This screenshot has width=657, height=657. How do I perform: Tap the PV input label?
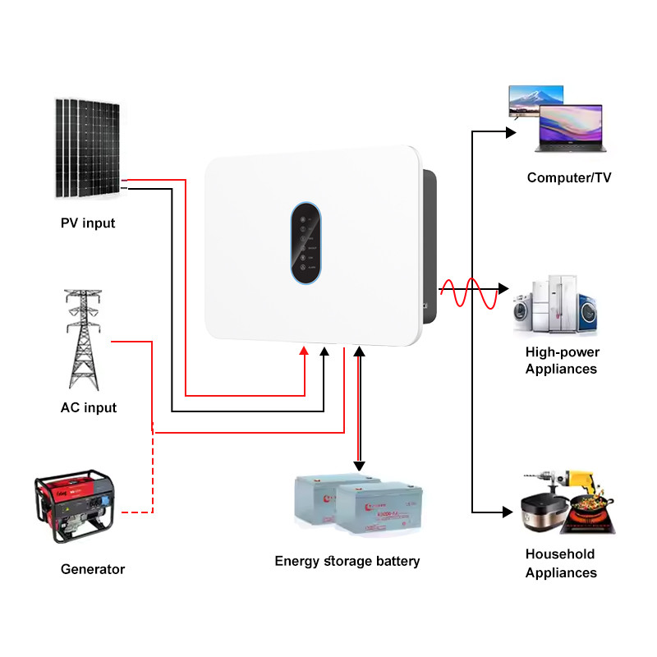[88, 223]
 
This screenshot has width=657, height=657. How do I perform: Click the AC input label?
[89, 407]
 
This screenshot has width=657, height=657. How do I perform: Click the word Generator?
[93, 569]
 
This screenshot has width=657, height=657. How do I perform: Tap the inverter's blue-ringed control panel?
[306, 244]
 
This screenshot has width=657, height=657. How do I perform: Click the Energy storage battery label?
[347, 561]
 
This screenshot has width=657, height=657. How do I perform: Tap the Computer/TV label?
[569, 177]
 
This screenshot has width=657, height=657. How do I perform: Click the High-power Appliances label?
[562, 361]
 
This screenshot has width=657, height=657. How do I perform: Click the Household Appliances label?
[561, 563]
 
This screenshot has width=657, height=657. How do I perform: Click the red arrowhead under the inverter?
[304, 351]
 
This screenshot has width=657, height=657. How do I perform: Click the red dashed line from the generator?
[153, 476]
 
